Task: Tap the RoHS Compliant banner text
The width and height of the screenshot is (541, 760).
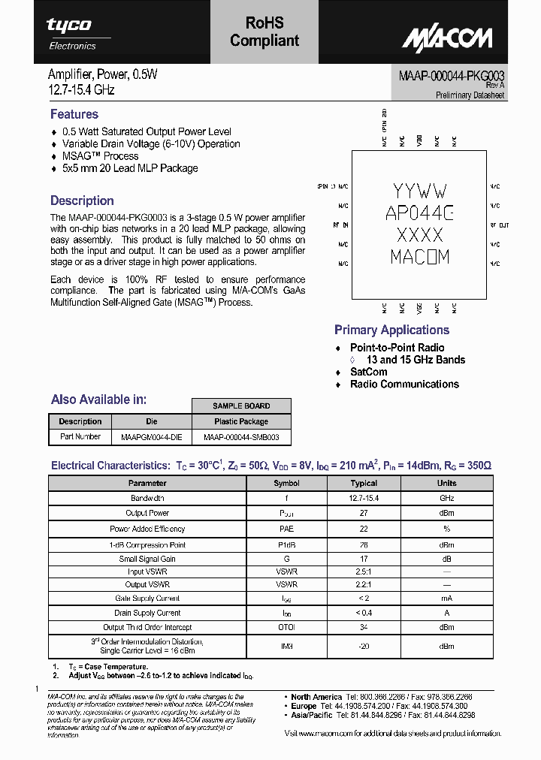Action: pos(264,32)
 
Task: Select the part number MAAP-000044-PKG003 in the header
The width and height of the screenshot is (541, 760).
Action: pos(452,76)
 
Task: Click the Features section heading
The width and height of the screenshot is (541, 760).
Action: pos(74,114)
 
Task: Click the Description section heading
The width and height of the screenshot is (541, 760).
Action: pos(82,201)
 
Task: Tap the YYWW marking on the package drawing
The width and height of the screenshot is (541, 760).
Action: pos(420,191)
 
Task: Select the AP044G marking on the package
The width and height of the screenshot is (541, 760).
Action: pos(420,213)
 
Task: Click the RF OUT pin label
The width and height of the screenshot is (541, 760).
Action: pos(499,225)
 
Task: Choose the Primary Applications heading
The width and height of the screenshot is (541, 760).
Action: pos(391,330)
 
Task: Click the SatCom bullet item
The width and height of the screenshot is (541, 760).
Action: pos(368,372)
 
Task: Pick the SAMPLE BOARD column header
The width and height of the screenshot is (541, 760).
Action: pos(241,406)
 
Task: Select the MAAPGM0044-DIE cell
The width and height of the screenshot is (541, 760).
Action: pos(151,436)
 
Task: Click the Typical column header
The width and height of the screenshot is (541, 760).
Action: pos(364,484)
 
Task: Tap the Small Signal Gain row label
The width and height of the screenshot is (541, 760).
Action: pos(147,559)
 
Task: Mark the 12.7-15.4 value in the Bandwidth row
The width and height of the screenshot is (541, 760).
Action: pos(364,498)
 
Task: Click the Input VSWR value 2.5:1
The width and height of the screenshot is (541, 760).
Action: pos(364,572)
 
